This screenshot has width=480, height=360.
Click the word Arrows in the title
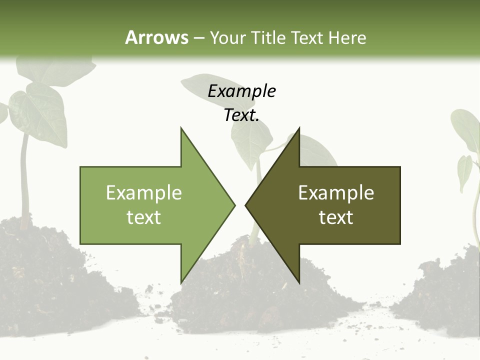pos(156,37)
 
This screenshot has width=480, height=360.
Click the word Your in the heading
pos(227,38)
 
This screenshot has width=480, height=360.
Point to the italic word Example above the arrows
pos(241,91)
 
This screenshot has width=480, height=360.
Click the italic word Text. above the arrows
pos(241,115)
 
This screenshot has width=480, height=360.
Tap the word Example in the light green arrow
pos(144,192)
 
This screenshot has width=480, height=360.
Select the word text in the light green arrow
pos(144,217)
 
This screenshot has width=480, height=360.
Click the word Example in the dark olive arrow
pos(336,192)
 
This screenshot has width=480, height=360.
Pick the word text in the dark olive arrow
pos(336,217)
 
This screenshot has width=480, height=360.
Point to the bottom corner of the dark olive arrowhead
pos(299,281)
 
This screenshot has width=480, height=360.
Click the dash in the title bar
pos(198,38)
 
